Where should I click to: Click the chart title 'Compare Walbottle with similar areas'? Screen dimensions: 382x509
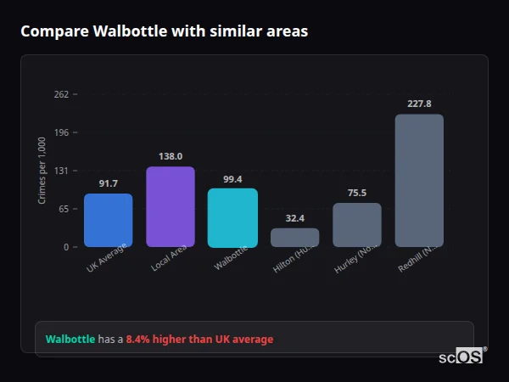tap(164, 31)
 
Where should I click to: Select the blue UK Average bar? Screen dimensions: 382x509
tap(108, 220)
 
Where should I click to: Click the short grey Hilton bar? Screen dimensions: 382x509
tap(294, 237)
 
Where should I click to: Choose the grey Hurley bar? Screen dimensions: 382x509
tap(357, 225)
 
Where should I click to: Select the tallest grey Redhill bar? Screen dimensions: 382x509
tap(419, 180)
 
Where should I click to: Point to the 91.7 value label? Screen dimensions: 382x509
tap(108, 183)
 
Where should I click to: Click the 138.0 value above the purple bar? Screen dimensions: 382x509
tap(171, 156)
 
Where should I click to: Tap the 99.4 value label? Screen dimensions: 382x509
tap(232, 179)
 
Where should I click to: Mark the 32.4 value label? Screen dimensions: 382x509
tap(294, 218)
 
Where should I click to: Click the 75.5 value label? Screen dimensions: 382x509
tap(357, 193)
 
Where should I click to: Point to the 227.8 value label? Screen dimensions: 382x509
tap(419, 104)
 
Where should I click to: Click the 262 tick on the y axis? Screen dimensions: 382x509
tap(60, 94)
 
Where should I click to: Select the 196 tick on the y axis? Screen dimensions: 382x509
tap(60, 132)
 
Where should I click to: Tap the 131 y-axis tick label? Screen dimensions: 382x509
tap(60, 171)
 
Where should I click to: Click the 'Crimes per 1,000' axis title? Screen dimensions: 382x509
tap(42, 170)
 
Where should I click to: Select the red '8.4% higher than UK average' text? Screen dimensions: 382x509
tap(199, 340)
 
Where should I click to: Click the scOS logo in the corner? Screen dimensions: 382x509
tap(461, 357)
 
